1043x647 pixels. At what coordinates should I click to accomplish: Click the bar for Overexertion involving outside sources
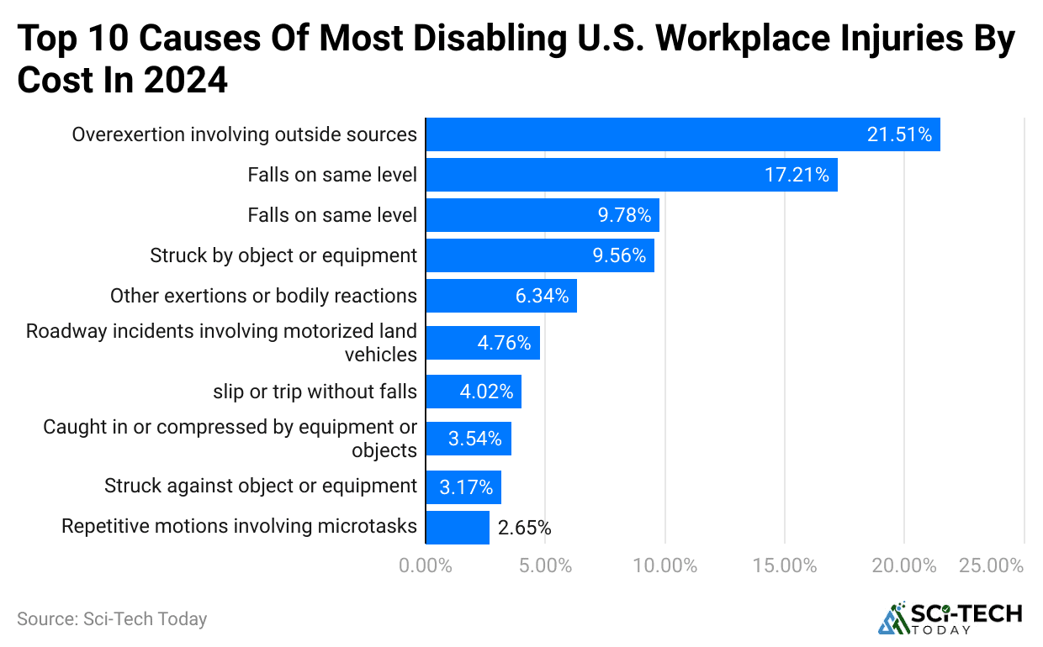[682, 134]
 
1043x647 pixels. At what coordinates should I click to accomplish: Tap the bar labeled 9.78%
[542, 215]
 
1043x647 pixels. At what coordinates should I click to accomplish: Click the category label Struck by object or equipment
[283, 255]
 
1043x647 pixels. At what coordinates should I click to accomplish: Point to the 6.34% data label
[542, 296]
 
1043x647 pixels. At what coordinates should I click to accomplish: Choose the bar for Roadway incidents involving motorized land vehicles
[482, 343]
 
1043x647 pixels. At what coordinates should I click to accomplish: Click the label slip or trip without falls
[315, 392]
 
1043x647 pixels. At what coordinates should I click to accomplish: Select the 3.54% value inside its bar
[474, 439]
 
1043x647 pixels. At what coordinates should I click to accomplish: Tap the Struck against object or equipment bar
[463, 487]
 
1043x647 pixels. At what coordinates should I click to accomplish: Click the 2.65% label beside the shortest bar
[524, 528]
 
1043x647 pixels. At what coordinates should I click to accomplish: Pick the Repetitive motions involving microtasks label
[239, 527]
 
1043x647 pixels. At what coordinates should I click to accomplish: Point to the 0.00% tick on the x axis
[426, 565]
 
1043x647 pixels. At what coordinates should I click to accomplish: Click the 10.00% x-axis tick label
[664, 565]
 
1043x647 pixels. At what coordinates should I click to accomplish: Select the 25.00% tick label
[991, 565]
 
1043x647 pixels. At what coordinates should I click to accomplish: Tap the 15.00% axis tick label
[784, 565]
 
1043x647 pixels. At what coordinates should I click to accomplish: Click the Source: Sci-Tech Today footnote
[112, 619]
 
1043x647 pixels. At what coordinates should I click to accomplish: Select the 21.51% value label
[899, 134]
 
